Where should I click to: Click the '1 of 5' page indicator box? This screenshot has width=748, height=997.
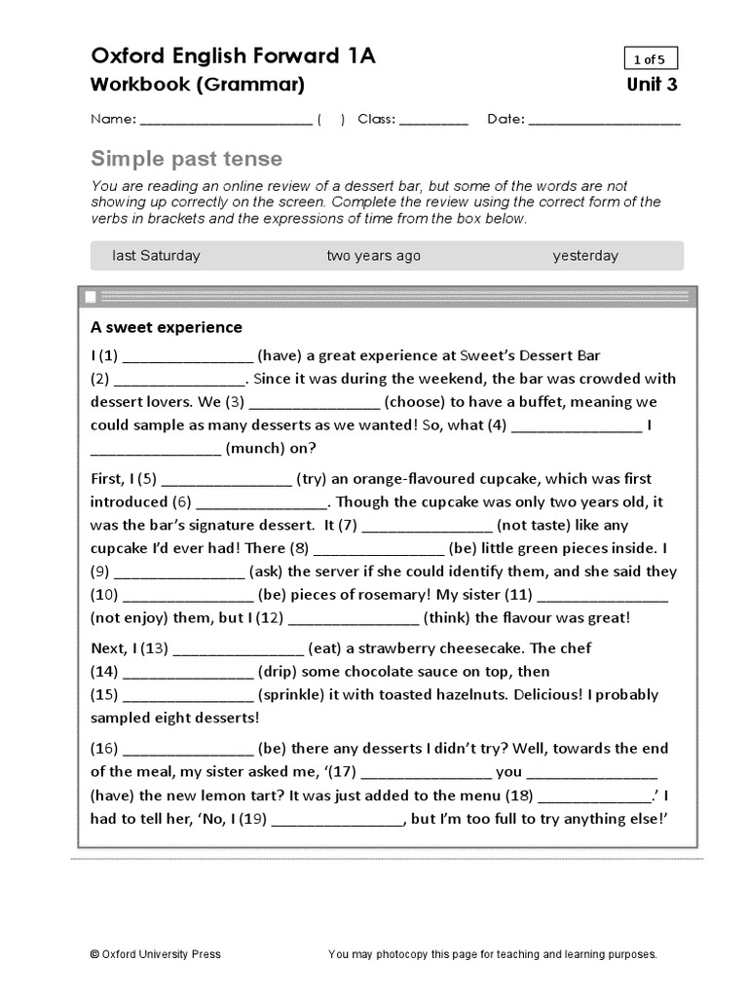(651, 58)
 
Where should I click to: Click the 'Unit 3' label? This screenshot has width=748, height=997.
(653, 85)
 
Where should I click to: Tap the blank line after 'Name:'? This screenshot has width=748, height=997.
(226, 121)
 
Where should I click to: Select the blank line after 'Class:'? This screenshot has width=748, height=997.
(433, 121)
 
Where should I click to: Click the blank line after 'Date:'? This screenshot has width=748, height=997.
(605, 121)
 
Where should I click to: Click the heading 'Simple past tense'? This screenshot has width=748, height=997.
(186, 159)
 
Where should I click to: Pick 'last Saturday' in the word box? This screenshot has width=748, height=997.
(156, 256)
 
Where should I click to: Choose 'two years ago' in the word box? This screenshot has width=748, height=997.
(374, 256)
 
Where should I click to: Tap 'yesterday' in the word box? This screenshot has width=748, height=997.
(585, 256)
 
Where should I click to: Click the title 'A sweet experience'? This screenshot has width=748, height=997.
(167, 327)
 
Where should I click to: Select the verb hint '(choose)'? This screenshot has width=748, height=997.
(414, 402)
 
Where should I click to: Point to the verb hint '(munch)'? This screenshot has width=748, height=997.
(257, 449)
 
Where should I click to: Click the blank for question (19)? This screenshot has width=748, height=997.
(337, 821)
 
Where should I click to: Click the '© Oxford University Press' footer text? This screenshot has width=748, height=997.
(155, 954)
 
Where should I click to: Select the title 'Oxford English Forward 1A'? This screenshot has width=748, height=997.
(233, 56)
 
